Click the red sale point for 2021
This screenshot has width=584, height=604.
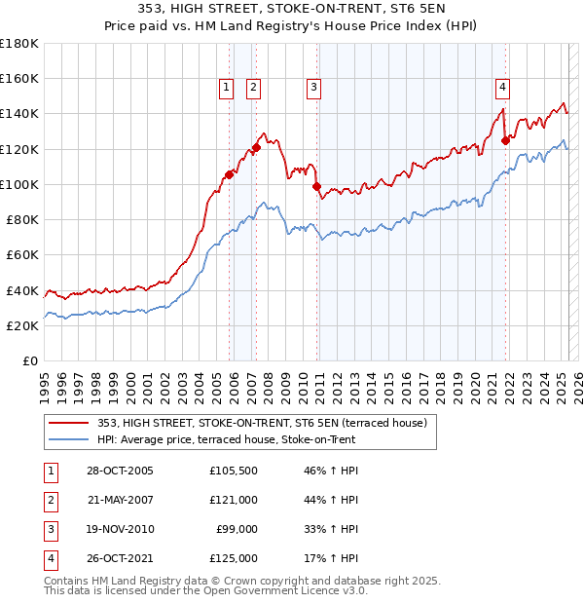click(x=505, y=140)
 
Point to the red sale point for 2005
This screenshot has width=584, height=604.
click(x=230, y=174)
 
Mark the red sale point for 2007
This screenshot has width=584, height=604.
click(x=256, y=148)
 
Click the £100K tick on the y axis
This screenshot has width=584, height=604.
click(x=19, y=183)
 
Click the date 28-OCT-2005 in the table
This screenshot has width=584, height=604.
click(x=120, y=471)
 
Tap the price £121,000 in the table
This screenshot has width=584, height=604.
click(x=234, y=500)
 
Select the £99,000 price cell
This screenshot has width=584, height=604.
click(x=237, y=529)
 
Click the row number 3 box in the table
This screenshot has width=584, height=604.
click(x=49, y=529)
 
